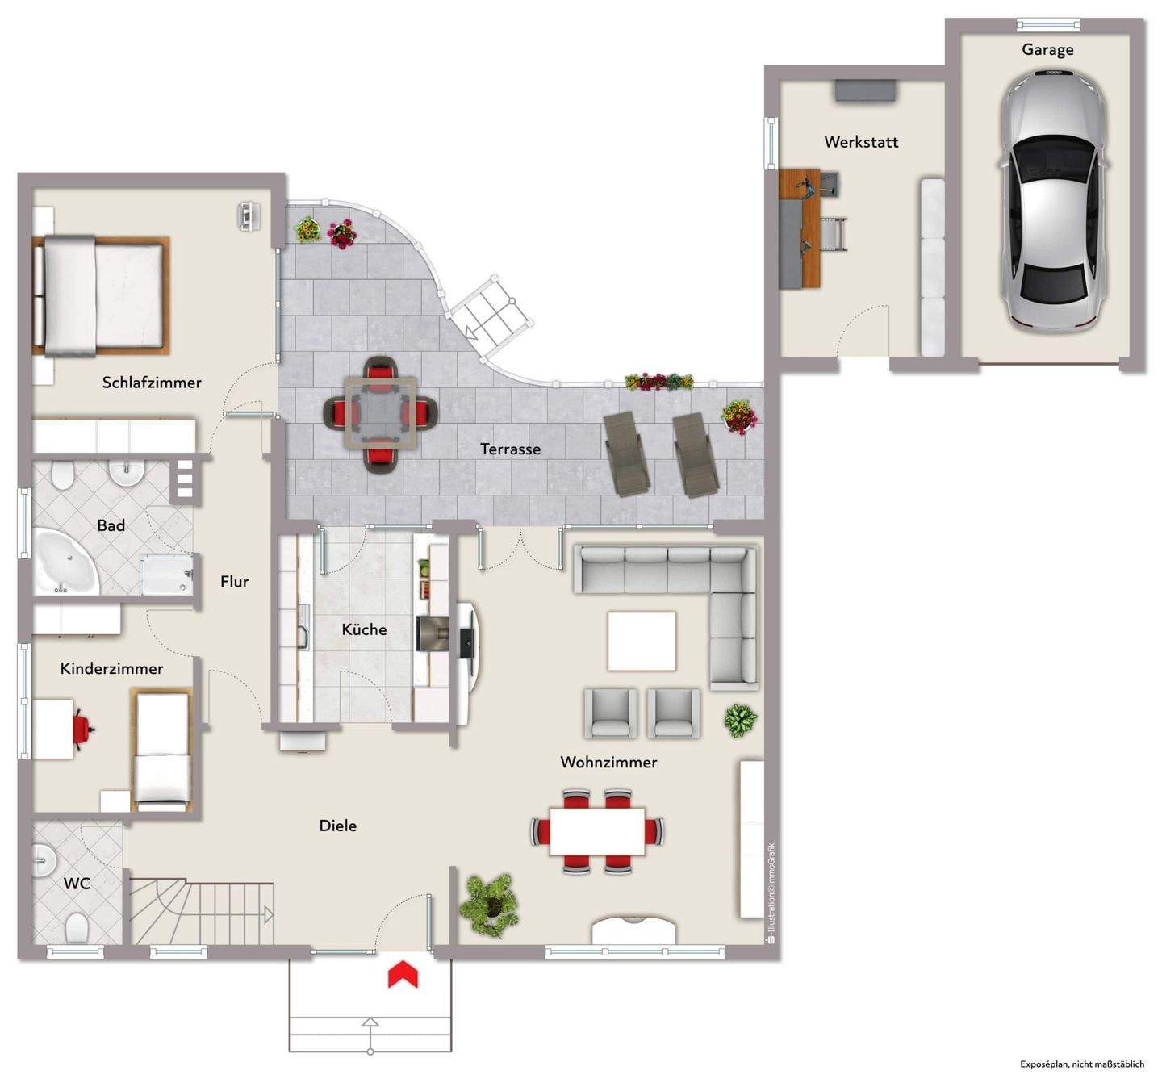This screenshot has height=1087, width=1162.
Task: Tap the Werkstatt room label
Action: pos(861,142)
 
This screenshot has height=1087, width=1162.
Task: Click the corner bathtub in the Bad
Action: pos(65,560)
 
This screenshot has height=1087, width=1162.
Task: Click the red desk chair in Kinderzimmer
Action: pos(83,728)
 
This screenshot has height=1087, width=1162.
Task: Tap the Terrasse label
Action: pos(510,449)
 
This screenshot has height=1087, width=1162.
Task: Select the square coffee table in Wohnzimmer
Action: pos(642,641)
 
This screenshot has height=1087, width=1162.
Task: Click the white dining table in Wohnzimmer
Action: pos(597,831)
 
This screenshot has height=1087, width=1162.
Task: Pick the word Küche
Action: pos(364,629)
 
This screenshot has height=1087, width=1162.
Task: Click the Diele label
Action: pos(337,826)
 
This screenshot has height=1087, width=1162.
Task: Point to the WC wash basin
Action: pos(43,860)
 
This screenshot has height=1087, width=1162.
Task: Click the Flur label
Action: pos(234,581)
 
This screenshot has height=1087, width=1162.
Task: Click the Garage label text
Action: pos(1047,50)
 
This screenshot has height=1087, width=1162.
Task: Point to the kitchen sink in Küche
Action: pos(303,627)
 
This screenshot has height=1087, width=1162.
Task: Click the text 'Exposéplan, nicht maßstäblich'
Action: pos(1082,1064)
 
